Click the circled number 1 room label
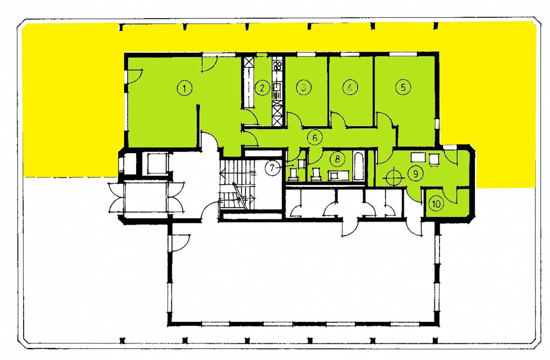(x=184, y=88)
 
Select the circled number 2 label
(x=262, y=88)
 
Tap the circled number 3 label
(x=304, y=87)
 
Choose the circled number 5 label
(x=403, y=87)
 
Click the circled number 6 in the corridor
(x=315, y=138)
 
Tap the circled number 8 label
(x=338, y=159)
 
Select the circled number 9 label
(x=416, y=174)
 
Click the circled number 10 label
(x=436, y=204)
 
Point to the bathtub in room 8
(x=359, y=166)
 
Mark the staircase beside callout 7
(x=237, y=184)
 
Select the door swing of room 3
(x=294, y=120)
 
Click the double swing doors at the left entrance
(x=146, y=197)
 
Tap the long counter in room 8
(x=338, y=176)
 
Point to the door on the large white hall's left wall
(x=180, y=243)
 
